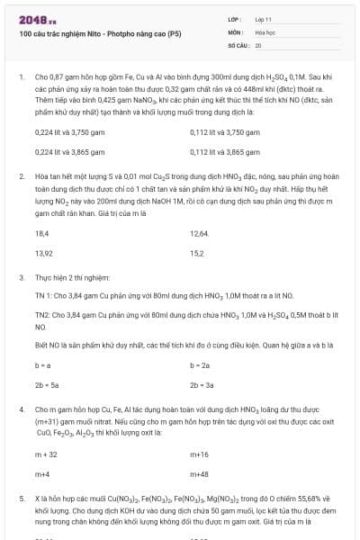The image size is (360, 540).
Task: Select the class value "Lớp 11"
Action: tap(264, 18)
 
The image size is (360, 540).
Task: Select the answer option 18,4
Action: tap(41, 233)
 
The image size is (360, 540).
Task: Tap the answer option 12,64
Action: tap(199, 233)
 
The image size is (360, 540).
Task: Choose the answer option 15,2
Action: tap(197, 253)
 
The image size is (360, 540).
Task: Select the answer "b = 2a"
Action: tap(200, 364)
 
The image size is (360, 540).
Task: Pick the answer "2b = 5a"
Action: tap(45, 384)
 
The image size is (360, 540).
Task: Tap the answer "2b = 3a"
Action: tap(202, 384)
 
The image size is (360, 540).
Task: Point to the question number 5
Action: tap(21, 497)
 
